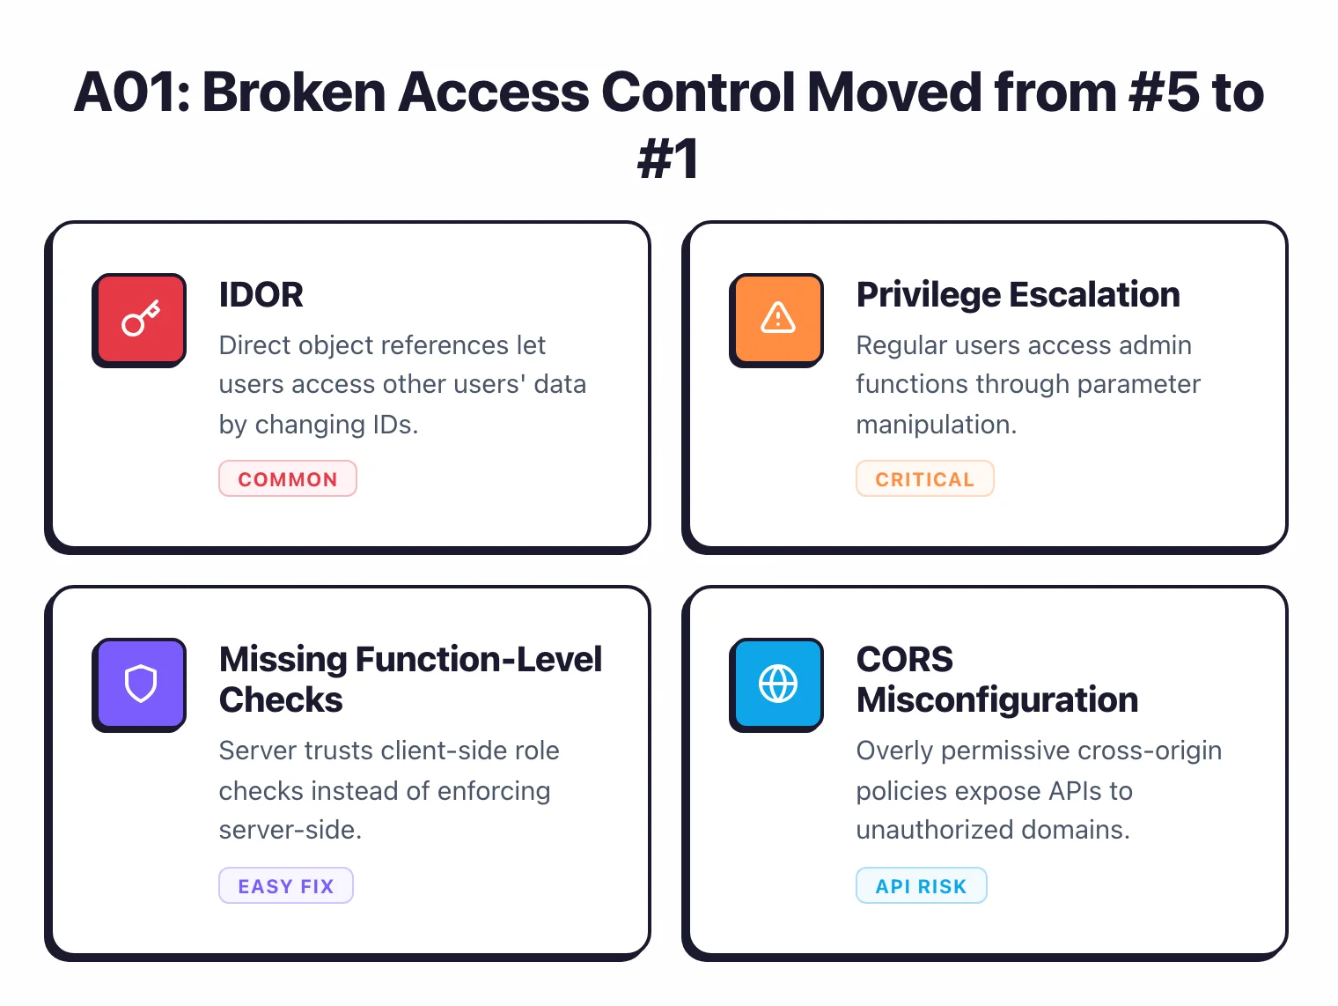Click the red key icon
pos(140,319)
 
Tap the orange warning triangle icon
pos(777,319)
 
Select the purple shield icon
pos(140,684)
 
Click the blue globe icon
pos(777,684)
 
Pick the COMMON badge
pos(288,479)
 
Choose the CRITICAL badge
pos(924,479)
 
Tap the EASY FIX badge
pos(286,886)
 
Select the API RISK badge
pos(921,886)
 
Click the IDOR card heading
pos(261,295)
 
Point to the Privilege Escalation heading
pos(1018,295)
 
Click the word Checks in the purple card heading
pos(281,700)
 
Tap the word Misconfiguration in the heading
pos(997,700)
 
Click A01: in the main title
pos(132,92)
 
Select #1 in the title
pos(668,159)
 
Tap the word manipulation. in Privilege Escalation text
pos(936,425)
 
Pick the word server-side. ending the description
pos(290,830)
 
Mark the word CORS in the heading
pos(905,660)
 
